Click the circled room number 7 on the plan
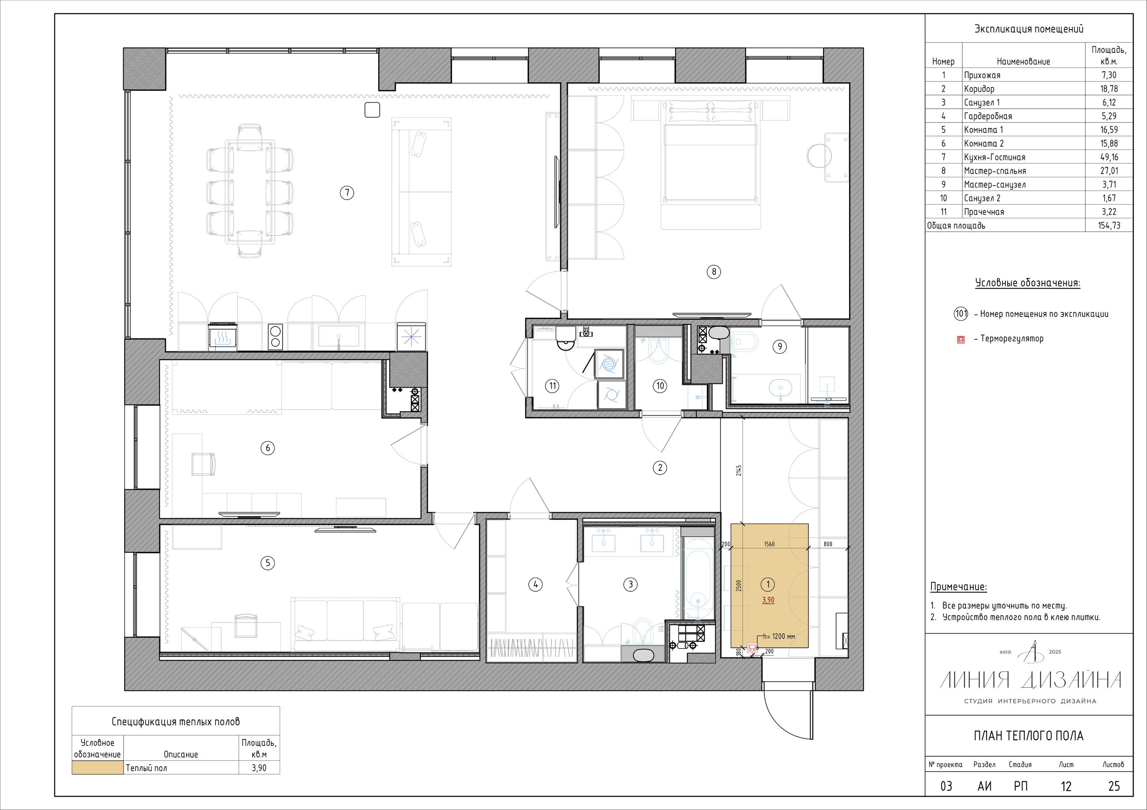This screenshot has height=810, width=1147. click(x=347, y=192)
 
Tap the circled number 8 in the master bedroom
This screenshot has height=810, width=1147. click(x=714, y=272)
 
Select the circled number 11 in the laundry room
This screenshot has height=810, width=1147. click(x=552, y=386)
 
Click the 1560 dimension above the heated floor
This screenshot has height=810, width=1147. click(x=769, y=544)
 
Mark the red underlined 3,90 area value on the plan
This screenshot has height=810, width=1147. click(x=768, y=600)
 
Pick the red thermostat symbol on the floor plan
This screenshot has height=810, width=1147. click(x=752, y=649)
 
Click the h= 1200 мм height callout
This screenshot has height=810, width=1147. click(x=779, y=636)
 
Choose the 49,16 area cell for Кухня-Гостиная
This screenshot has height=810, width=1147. click(x=1109, y=157)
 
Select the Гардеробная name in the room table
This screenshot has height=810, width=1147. click(x=987, y=116)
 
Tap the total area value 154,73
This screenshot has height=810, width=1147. click(x=1109, y=226)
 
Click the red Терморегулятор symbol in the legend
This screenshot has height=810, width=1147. click(x=961, y=340)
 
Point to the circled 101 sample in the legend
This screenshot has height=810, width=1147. click(x=961, y=314)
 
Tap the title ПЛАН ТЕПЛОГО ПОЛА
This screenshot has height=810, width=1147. click(x=1029, y=736)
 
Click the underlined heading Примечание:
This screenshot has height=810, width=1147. click(x=959, y=587)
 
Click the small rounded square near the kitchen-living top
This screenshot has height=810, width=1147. click(x=372, y=110)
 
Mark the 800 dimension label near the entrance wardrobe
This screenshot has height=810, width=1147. click(x=828, y=544)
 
